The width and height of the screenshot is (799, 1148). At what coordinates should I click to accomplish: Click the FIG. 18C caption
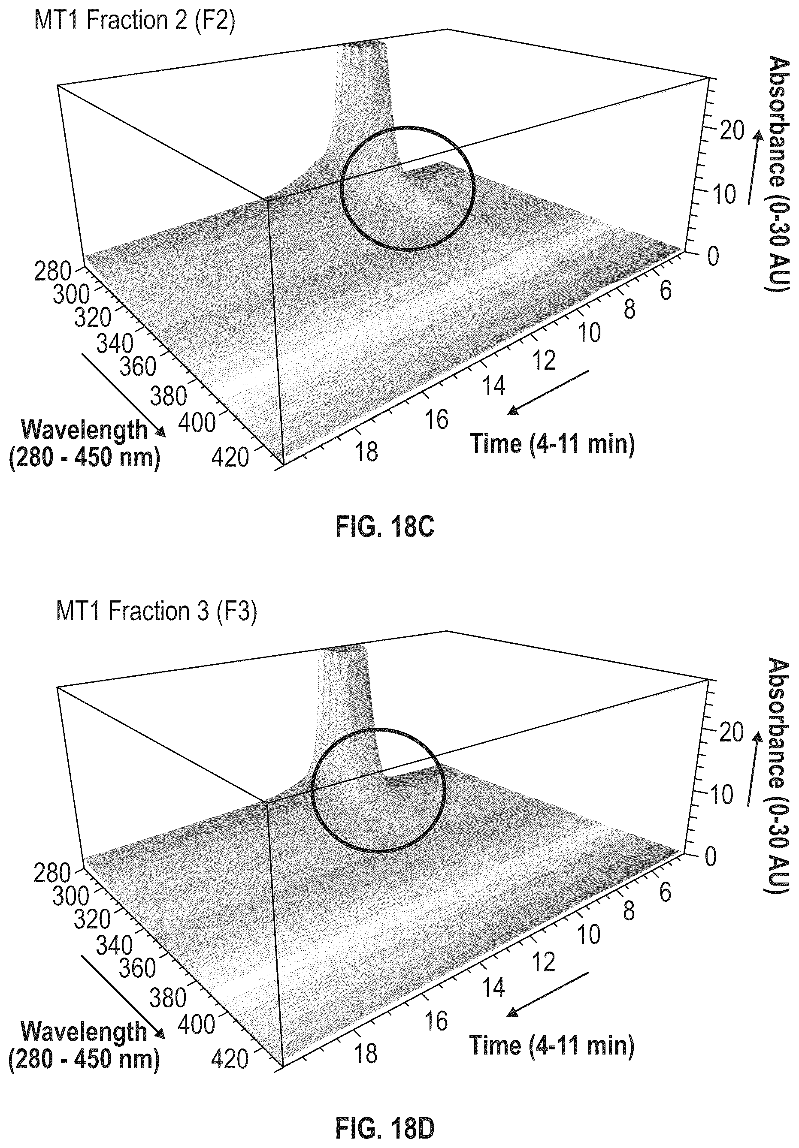coord(384,527)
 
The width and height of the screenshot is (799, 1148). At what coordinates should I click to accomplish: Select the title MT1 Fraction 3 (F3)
coord(157,611)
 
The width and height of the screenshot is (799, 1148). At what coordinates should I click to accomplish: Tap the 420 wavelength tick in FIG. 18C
coord(230,457)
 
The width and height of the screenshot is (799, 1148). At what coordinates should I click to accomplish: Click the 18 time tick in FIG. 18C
coord(366,452)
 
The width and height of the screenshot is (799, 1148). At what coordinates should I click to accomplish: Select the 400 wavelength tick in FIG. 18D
coord(197,1025)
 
